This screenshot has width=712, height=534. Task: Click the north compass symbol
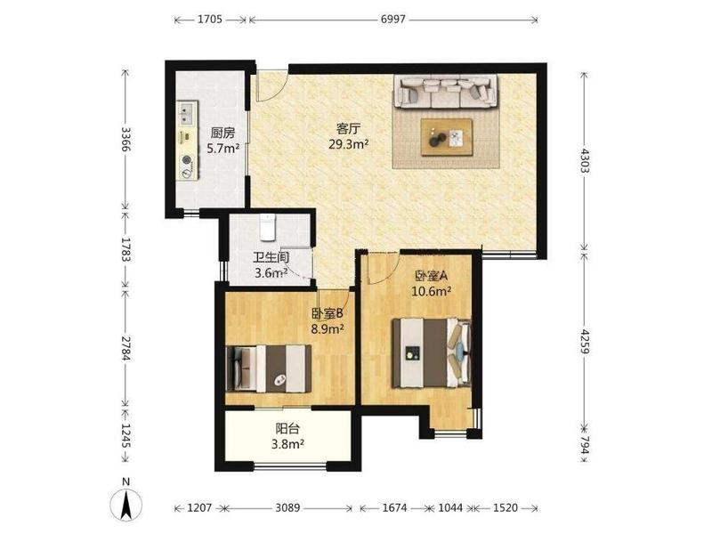[x=126, y=502]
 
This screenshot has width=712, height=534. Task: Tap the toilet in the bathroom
[x=268, y=227]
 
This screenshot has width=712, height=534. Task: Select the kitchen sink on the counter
[x=187, y=113]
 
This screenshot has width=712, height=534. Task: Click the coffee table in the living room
[x=447, y=137]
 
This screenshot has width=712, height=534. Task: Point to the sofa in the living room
[x=446, y=92]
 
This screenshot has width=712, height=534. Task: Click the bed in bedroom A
[x=432, y=352]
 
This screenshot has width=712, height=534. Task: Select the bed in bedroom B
[x=269, y=368]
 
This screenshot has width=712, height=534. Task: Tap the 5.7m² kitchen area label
[x=223, y=148]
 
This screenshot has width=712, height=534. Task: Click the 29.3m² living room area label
[x=348, y=144]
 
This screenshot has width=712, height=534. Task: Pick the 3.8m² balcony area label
[x=287, y=443]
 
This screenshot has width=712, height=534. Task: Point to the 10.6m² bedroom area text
[x=431, y=291]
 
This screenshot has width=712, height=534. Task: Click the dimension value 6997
[x=393, y=19]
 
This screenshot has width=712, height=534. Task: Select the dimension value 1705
[x=210, y=19]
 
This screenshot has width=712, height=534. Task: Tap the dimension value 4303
[x=585, y=160]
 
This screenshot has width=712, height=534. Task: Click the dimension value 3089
[x=287, y=507]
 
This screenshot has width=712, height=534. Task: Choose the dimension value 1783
[x=126, y=249]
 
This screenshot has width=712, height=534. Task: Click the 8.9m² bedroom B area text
[x=327, y=328]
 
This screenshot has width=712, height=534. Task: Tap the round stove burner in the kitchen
[x=187, y=160]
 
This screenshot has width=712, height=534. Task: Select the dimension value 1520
[x=505, y=507]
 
